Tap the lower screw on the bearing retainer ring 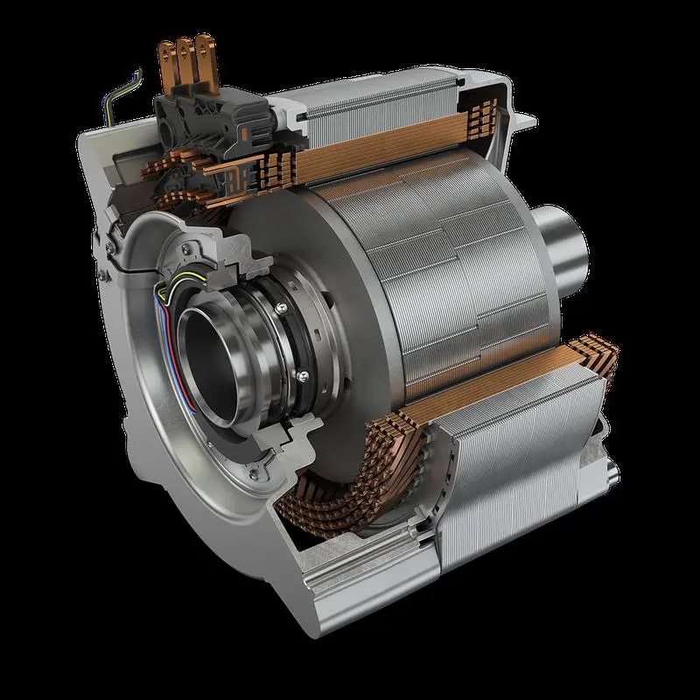point(302,374)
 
